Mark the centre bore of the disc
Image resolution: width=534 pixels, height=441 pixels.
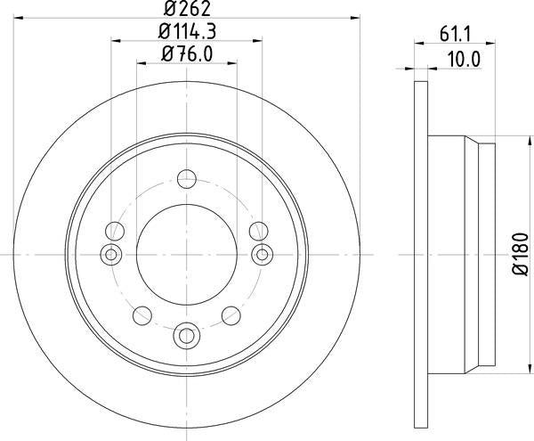[x=186, y=255]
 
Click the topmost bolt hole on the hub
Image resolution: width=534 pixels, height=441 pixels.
[x=186, y=179]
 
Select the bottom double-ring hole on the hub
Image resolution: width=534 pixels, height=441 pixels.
[x=186, y=334]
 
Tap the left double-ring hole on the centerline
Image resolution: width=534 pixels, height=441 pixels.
[x=111, y=255]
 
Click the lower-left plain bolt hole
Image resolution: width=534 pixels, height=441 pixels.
[x=142, y=314]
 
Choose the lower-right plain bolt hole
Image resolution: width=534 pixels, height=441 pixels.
[x=231, y=314]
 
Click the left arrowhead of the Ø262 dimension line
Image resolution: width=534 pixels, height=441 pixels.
[x=22, y=17]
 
